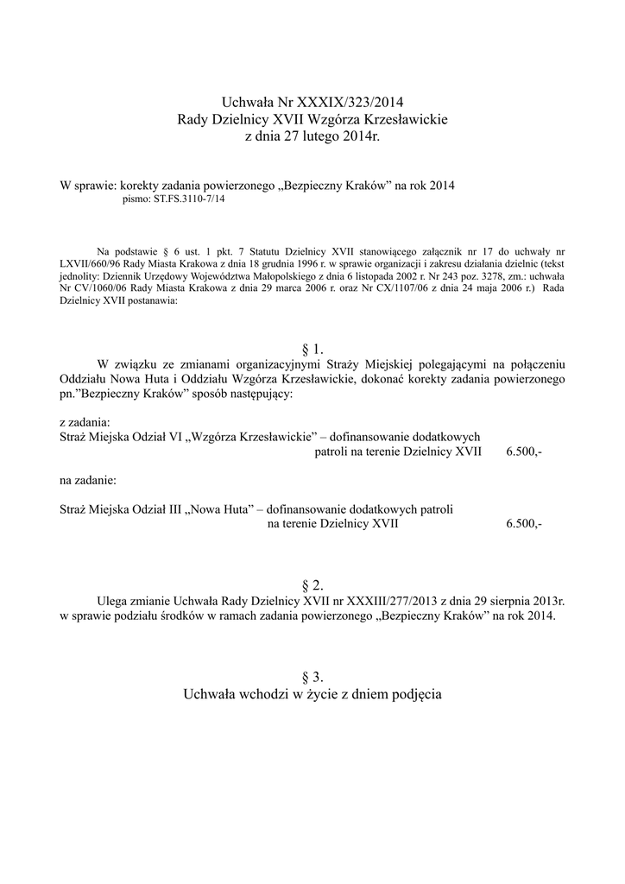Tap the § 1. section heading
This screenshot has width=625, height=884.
point(312,349)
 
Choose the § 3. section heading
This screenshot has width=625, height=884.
point(312,678)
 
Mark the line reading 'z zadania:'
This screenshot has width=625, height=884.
point(85,423)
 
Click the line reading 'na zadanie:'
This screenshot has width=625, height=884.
point(87,478)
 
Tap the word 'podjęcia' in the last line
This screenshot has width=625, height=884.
point(411,694)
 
